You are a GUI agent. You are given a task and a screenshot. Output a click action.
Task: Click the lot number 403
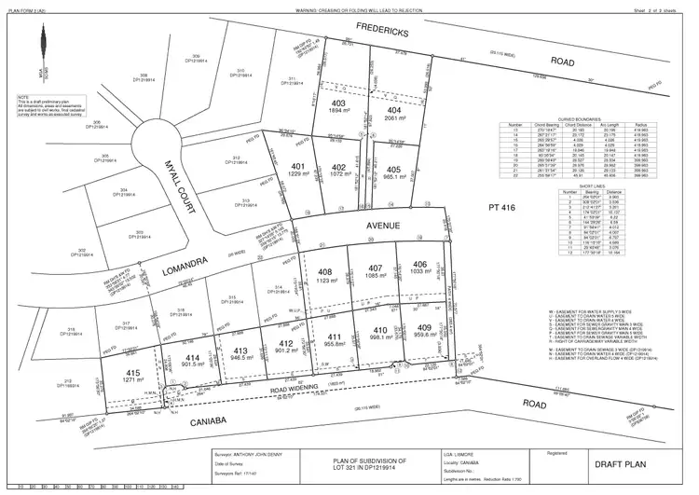[x=338, y=103]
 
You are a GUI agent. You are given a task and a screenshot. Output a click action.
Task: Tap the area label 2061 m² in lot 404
[x=395, y=120]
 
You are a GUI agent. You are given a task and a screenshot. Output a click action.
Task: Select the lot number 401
[x=300, y=165]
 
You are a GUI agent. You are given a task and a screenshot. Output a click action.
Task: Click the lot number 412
[x=288, y=343]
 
